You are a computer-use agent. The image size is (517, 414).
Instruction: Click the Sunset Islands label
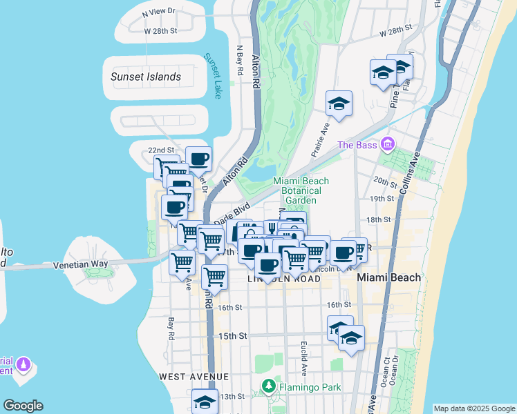[x=146, y=77]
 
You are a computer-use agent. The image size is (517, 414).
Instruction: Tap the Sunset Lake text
[x=211, y=76]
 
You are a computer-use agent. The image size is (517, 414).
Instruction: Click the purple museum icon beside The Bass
[x=387, y=144]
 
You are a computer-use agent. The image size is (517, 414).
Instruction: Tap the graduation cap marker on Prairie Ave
[x=339, y=103]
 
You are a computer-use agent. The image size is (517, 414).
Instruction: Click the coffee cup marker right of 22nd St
[x=199, y=159]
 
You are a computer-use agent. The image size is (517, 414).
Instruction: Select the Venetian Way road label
[x=100, y=264]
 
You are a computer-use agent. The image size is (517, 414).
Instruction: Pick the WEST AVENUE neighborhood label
[x=194, y=376]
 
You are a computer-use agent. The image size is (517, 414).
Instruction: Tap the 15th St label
[x=233, y=336]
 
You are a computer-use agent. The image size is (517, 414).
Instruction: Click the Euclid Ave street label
[x=303, y=353]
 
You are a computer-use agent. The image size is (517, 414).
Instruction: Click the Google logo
[x=23, y=406]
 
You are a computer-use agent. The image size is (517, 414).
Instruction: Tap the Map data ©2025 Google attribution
[x=473, y=408]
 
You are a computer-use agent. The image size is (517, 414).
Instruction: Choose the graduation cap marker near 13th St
[x=205, y=401]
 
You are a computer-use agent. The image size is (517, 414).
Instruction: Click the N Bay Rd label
[x=240, y=61]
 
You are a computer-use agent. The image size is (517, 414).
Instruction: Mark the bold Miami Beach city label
[x=388, y=277]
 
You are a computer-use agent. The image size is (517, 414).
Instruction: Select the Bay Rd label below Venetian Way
[x=171, y=329]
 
